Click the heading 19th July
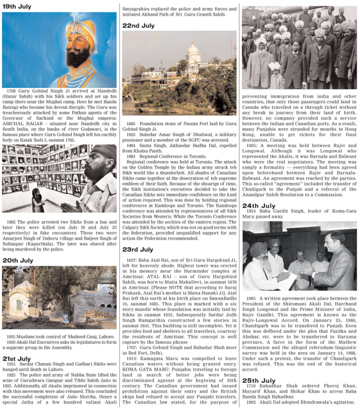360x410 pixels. pos(17,6)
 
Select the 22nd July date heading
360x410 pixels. pos(138,26)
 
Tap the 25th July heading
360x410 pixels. pos(258,380)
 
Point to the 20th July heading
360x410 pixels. pos(18,260)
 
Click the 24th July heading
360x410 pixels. pos(259,206)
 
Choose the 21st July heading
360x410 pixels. pos(16,358)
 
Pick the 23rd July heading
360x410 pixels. pos(138,249)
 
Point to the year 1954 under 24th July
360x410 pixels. pos(251,211)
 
